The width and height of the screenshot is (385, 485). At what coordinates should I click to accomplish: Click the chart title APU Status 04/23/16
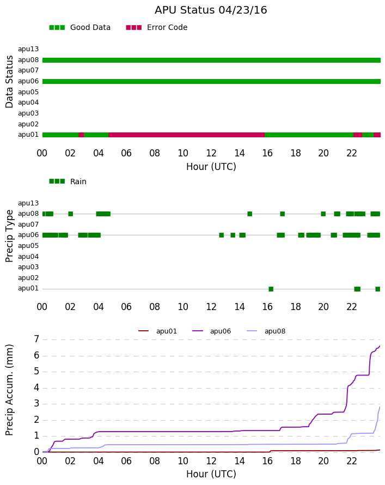click(x=211, y=10)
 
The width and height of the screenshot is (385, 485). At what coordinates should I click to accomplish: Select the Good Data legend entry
click(x=80, y=28)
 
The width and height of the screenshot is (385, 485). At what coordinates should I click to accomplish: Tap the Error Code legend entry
click(x=157, y=28)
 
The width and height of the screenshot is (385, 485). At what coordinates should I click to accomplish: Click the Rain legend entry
click(x=68, y=181)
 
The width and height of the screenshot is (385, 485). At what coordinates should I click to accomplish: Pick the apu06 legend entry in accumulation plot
click(x=212, y=331)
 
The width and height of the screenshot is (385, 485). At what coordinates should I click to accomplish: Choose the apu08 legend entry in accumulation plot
click(x=266, y=331)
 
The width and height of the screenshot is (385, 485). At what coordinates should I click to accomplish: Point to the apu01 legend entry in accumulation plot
click(x=157, y=331)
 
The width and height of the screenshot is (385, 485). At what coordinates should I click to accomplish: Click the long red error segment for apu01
click(x=187, y=135)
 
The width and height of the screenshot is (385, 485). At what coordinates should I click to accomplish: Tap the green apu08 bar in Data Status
click(x=211, y=60)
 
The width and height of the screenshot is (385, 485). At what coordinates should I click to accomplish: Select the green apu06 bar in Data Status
click(x=211, y=82)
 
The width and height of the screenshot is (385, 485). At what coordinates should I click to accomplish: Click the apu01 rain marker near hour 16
click(x=271, y=289)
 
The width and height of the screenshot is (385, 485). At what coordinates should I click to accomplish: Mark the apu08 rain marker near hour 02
click(x=70, y=214)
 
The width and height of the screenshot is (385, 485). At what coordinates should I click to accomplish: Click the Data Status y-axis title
click(x=9, y=82)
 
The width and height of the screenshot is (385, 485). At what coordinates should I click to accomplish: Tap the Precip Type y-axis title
click(x=9, y=236)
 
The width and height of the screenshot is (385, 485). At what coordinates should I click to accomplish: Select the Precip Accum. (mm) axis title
click(x=9, y=390)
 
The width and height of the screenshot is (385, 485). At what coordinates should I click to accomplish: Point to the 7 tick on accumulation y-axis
click(x=37, y=339)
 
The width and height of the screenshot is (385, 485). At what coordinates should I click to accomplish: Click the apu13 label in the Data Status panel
click(x=28, y=49)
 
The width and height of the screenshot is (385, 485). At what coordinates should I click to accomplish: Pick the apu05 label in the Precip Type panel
click(x=28, y=246)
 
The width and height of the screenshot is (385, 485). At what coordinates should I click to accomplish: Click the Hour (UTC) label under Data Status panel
click(x=211, y=167)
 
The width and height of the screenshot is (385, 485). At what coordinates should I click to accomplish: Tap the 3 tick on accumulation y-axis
click(x=37, y=404)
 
